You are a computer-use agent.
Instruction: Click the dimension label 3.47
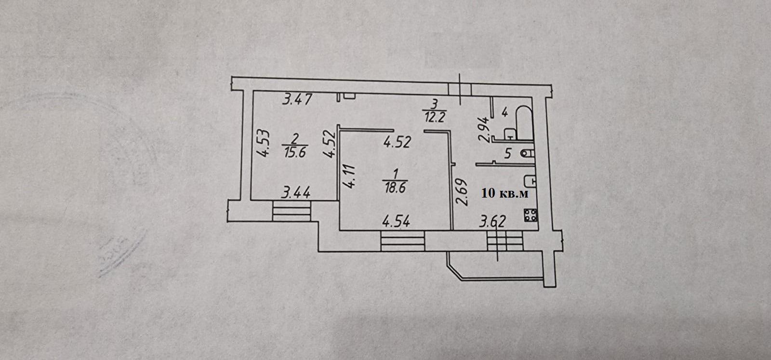coord(298,100)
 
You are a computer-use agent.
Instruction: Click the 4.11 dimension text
coord(349,177)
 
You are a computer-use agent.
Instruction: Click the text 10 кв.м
coord(505,194)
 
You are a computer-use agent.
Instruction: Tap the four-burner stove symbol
coord(532,216)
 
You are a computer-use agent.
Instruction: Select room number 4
coord(504,113)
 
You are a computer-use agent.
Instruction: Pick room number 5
coord(506,155)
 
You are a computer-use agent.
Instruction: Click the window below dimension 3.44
coord(292,210)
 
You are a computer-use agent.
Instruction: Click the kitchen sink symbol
coord(532,180)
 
